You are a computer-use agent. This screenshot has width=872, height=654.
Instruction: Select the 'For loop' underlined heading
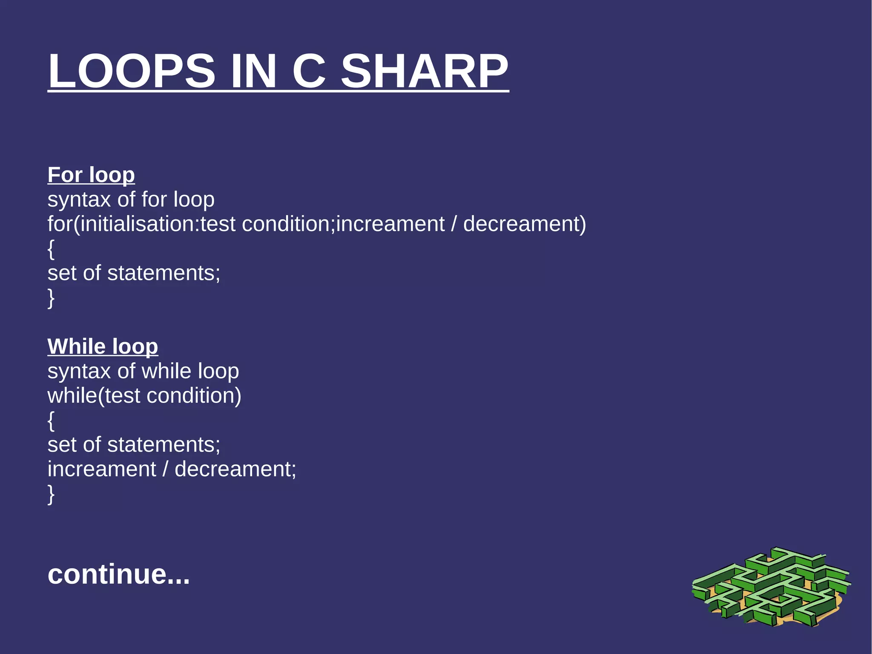point(91,175)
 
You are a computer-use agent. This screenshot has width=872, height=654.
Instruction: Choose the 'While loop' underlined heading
point(103,346)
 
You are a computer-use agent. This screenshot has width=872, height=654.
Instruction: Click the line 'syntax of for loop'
point(131,199)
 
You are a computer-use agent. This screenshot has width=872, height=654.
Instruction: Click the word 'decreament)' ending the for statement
point(524,224)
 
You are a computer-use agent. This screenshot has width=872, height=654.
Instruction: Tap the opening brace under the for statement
point(51,249)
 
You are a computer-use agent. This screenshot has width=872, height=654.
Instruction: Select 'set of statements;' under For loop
point(134,273)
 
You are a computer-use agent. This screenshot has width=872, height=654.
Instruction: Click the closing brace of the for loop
point(51,298)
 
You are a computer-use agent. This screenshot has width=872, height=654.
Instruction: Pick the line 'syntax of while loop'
point(143,371)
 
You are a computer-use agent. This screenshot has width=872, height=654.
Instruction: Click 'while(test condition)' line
point(144,396)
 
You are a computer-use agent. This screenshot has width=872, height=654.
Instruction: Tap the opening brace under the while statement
point(51,421)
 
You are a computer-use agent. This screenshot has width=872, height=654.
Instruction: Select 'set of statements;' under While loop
point(134,445)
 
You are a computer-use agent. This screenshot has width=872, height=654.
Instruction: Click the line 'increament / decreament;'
point(172,470)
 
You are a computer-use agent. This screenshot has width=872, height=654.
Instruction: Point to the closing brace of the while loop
point(51,494)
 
